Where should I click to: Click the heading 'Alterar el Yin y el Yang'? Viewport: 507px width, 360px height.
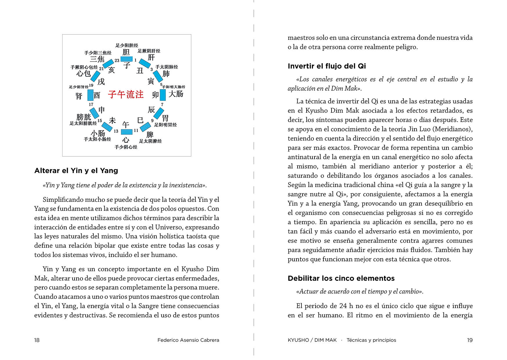click(x=76, y=171)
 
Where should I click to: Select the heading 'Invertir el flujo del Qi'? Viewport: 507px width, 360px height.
click(x=327, y=66)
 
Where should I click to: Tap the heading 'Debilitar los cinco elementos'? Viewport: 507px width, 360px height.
click(x=341, y=278)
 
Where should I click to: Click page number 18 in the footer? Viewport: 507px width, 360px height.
click(x=37, y=340)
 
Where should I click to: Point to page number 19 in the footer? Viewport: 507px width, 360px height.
click(x=470, y=340)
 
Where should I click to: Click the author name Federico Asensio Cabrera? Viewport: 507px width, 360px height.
click(x=188, y=340)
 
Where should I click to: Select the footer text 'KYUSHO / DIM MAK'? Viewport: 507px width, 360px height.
click(x=312, y=340)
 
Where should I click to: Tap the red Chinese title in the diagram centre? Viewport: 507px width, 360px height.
click(x=126, y=94)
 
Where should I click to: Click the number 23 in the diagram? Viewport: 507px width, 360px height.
click(x=117, y=60)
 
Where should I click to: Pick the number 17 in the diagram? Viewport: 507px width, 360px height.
click(x=91, y=104)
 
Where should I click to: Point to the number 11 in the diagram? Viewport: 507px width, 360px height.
click(x=136, y=130)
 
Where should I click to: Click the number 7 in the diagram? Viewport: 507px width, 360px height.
click(x=162, y=104)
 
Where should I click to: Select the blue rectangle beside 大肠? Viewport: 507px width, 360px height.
click(x=163, y=95)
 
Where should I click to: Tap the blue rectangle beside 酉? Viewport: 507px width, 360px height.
click(x=90, y=95)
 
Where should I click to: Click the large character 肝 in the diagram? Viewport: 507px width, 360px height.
click(x=151, y=57)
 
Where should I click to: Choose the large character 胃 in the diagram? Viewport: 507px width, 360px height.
click(x=165, y=118)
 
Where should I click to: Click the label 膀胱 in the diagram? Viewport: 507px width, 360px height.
click(x=84, y=117)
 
